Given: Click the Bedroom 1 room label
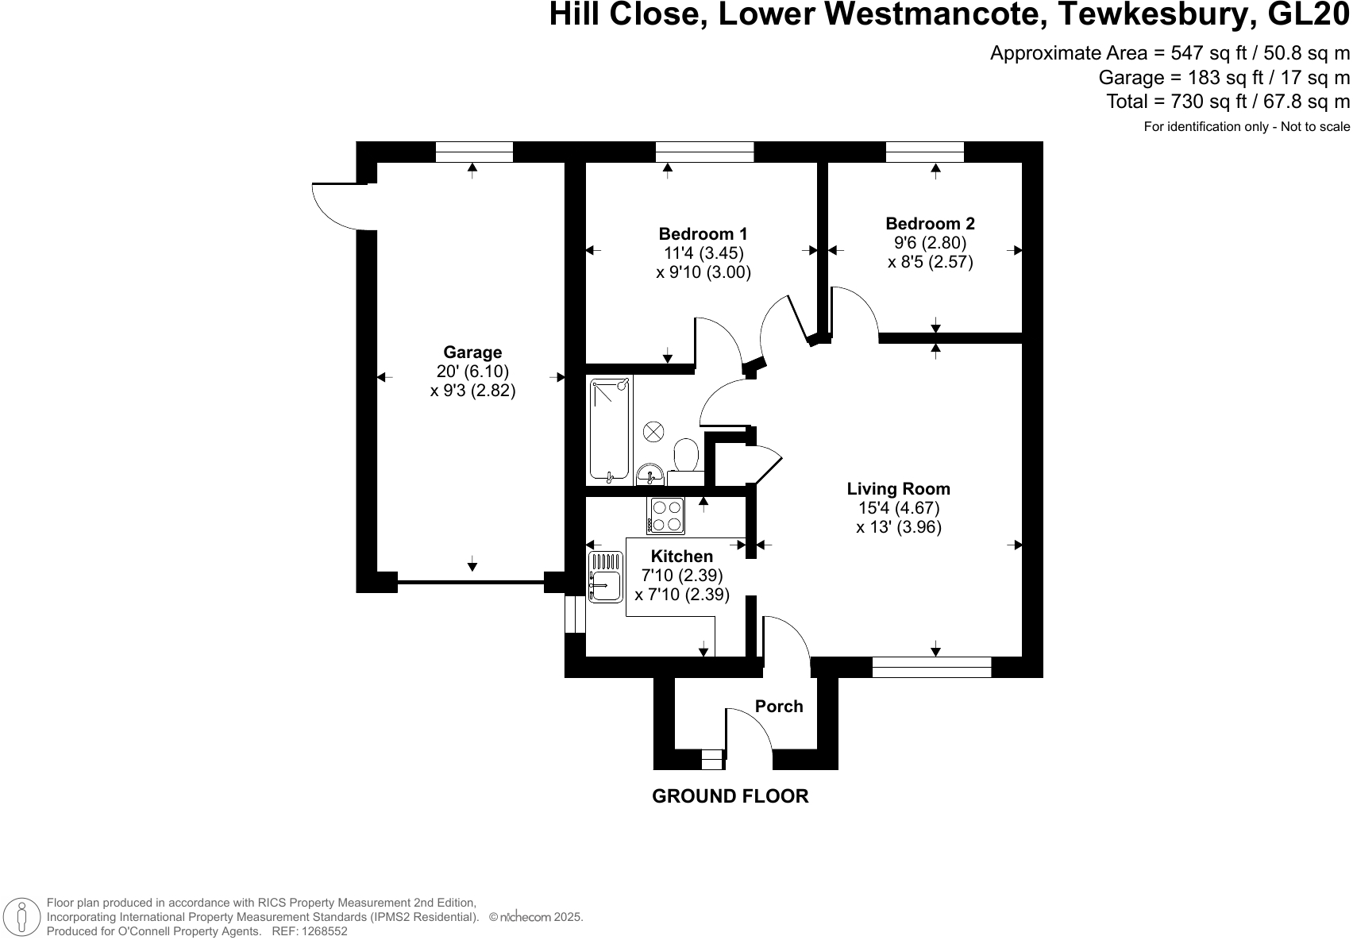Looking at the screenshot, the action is click(703, 234).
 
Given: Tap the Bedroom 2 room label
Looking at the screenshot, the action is click(930, 224).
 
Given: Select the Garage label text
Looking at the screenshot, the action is click(472, 352).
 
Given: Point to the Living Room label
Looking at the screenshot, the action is click(898, 489).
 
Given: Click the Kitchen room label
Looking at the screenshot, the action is click(681, 556).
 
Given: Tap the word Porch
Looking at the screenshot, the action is click(778, 706).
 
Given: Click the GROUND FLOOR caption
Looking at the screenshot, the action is click(730, 796).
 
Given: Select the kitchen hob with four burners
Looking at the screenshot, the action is click(665, 515).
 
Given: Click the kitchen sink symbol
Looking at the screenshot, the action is click(605, 576).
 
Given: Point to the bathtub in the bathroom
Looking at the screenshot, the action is click(610, 430).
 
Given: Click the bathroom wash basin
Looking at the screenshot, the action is click(650, 475).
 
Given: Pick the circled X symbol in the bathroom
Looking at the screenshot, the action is click(653, 431).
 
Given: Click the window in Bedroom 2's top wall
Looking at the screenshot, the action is click(924, 152).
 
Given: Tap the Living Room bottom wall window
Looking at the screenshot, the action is click(931, 667).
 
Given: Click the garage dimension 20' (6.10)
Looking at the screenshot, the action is click(472, 371).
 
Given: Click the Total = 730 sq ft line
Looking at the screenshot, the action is click(1228, 102).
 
